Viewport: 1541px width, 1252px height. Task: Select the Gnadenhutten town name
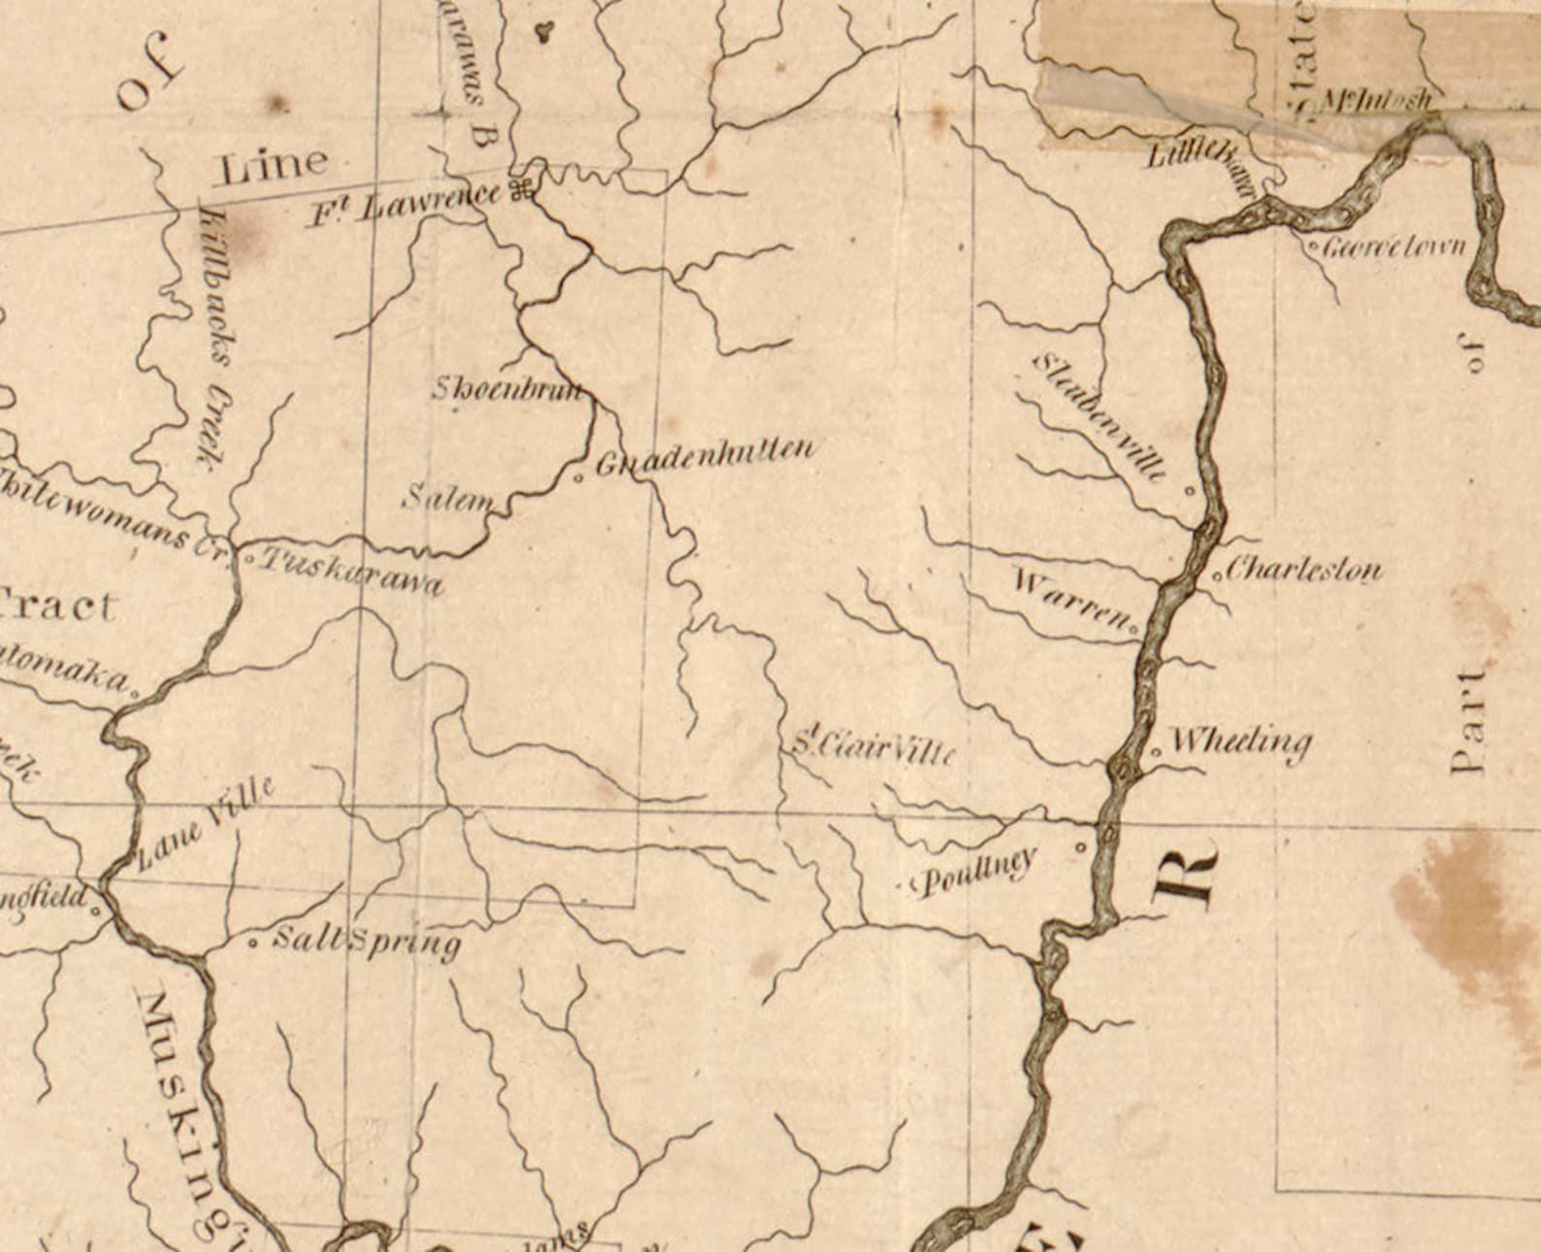point(704,456)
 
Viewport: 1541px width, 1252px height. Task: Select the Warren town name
point(1070,600)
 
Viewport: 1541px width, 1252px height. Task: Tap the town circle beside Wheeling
point(1156,751)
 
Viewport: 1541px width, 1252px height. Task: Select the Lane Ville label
point(205,822)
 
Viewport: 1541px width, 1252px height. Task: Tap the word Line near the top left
point(274,166)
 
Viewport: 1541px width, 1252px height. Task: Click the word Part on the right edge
point(1469,719)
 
